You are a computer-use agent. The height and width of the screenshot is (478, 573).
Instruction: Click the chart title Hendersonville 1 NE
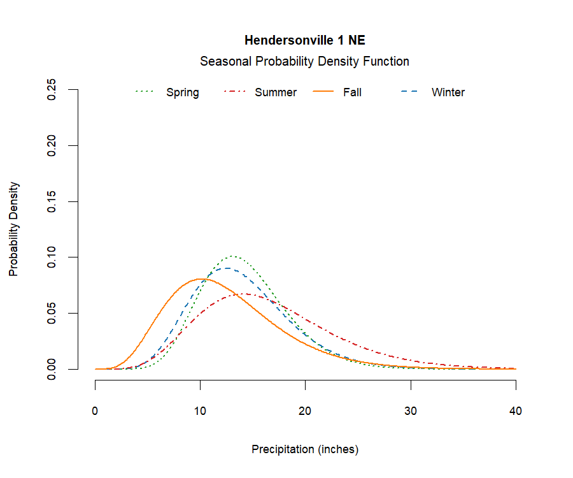click(304, 41)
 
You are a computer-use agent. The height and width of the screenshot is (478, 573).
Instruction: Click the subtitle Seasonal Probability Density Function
click(304, 62)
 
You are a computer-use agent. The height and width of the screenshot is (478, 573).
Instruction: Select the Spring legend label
click(182, 92)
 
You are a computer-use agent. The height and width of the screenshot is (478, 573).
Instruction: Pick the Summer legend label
click(276, 92)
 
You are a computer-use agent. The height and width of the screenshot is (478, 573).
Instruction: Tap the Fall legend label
click(352, 92)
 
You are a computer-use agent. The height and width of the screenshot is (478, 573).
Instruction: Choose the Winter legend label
click(448, 92)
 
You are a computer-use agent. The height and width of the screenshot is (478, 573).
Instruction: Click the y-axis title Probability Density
click(14, 229)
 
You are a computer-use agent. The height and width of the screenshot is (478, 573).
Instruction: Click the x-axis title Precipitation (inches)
click(305, 449)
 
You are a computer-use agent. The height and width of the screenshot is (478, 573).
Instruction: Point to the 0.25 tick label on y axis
click(53, 90)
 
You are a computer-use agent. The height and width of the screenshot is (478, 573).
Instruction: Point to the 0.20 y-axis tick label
click(53, 145)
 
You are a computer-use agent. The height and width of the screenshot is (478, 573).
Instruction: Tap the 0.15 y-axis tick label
click(53, 201)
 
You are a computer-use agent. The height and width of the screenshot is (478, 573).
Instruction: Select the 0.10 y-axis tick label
click(53, 257)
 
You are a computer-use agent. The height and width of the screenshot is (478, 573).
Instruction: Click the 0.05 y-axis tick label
click(53, 313)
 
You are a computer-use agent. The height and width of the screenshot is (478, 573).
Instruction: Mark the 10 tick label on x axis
click(201, 411)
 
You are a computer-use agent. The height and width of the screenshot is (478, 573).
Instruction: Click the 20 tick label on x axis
click(306, 411)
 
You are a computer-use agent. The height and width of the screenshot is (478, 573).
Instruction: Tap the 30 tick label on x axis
click(411, 411)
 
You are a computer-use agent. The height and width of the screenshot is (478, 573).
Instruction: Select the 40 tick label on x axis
click(516, 411)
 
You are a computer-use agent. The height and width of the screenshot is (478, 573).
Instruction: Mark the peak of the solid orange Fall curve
click(199, 279)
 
